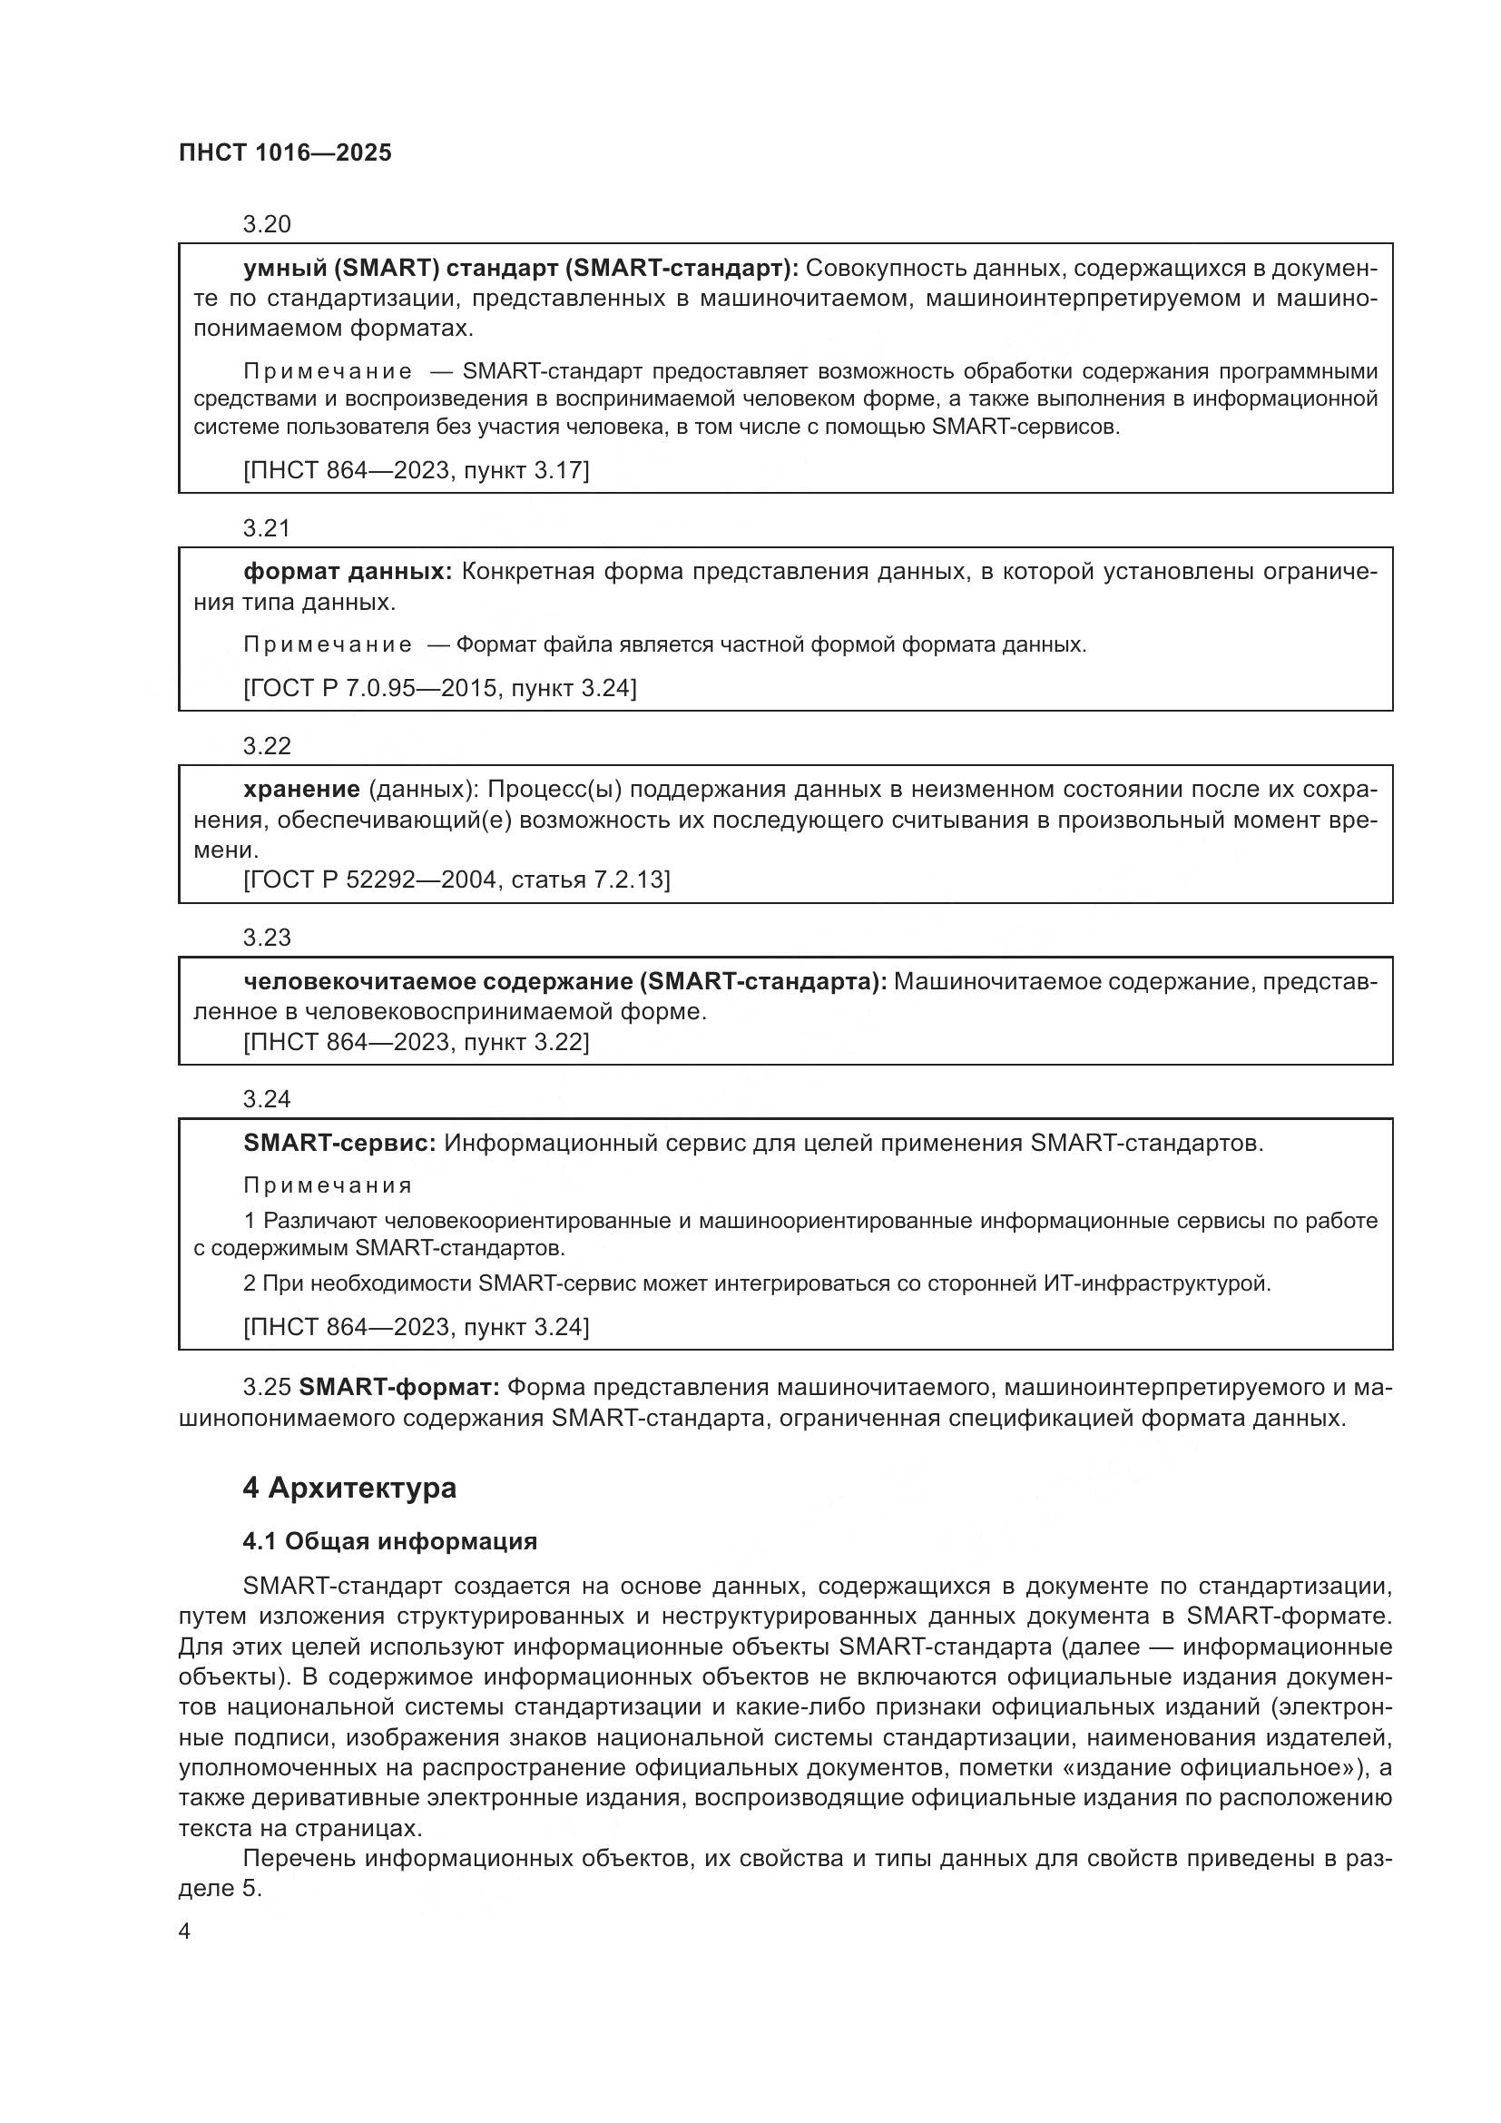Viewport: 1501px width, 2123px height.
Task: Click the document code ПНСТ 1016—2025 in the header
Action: coord(285,152)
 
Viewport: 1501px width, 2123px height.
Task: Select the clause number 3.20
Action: coord(266,224)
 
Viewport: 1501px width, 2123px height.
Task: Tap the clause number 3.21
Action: coord(266,528)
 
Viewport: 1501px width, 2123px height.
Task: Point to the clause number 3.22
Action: coord(266,745)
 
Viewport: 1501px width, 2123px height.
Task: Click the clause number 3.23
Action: coord(266,938)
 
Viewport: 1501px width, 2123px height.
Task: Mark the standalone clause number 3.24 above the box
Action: coord(266,1098)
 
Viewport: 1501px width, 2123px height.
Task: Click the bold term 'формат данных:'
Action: coord(348,572)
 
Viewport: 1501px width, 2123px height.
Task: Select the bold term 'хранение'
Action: coord(301,789)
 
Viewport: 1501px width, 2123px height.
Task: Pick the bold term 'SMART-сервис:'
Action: coord(339,1143)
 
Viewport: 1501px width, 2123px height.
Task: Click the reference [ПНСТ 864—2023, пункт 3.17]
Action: coord(416,470)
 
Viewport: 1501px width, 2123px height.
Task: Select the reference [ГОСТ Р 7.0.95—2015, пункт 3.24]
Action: coord(439,688)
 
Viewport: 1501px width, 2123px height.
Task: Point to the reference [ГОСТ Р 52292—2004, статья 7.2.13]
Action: coord(456,880)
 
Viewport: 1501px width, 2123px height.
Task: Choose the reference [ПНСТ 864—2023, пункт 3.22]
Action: coord(416,1042)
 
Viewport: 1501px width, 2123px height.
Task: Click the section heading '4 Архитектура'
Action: coord(349,1488)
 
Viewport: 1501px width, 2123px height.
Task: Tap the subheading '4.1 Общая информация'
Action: coord(389,1541)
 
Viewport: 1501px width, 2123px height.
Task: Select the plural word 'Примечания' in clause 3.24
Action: coord(328,1185)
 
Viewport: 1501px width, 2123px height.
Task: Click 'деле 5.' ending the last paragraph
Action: coord(220,1888)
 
